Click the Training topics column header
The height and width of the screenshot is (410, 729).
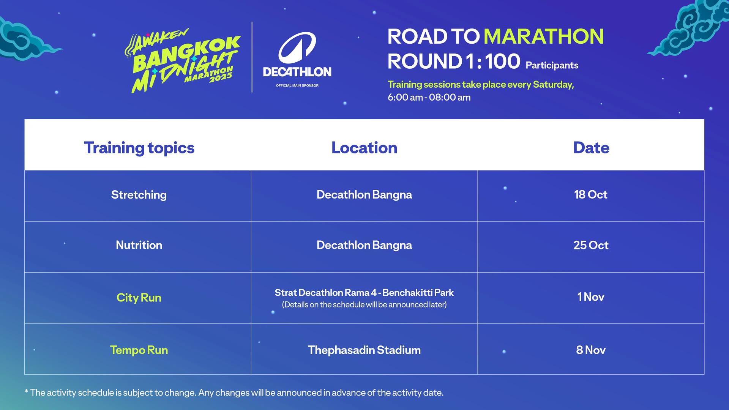click(x=139, y=148)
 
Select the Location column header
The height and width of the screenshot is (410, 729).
click(x=364, y=148)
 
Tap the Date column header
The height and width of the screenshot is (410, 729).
click(x=591, y=148)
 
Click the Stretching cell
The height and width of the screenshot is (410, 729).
click(x=139, y=195)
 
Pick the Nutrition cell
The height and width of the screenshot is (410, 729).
click(x=139, y=245)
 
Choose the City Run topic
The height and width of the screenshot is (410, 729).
click(x=139, y=298)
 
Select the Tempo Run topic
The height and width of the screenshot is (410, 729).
click(x=139, y=350)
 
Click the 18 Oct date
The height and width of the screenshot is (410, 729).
click(x=591, y=194)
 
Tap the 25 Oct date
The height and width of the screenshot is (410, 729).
click(x=591, y=245)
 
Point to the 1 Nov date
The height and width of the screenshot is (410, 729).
click(x=591, y=296)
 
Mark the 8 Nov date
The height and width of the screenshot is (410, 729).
click(x=591, y=350)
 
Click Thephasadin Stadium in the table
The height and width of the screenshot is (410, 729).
click(x=364, y=350)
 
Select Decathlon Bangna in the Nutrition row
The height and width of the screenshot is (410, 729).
click(x=364, y=245)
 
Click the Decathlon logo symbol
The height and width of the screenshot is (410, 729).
click(x=297, y=48)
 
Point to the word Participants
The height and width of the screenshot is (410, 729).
click(x=552, y=65)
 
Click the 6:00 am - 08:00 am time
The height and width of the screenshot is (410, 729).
click(x=429, y=98)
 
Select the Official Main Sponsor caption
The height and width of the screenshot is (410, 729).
click(x=297, y=85)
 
